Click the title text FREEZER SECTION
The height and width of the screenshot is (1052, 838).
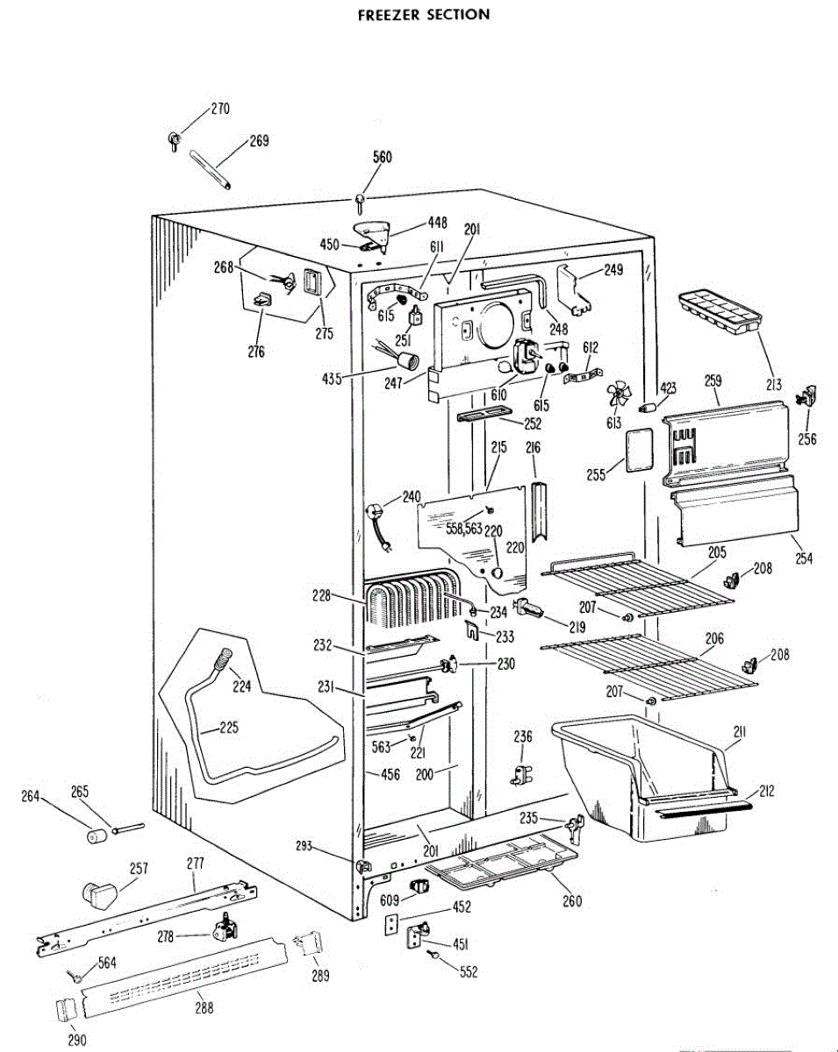pos(424,15)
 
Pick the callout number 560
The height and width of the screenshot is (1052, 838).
pos(382,158)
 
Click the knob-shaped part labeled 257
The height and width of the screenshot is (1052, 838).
pos(98,894)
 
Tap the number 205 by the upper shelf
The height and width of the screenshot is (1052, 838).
pos(718,552)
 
